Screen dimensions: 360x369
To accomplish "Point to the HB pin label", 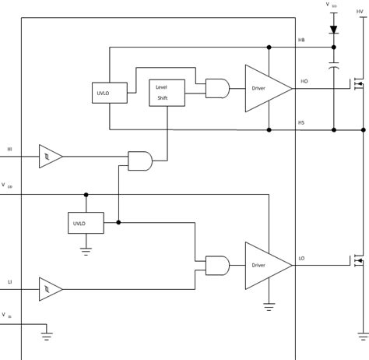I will (x=301, y=40).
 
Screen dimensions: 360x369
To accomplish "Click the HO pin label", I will (x=303, y=80).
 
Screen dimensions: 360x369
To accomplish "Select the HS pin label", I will (x=301, y=122).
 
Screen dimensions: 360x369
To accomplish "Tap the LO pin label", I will (x=301, y=258).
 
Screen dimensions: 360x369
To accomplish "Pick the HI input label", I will (x=9, y=149).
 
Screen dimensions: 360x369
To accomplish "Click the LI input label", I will (x=9, y=281).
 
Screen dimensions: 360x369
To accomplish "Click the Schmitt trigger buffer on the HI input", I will (x=49, y=157).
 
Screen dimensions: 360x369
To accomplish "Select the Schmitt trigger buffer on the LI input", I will (x=49, y=290).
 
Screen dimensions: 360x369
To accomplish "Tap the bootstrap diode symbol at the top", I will (x=333, y=30).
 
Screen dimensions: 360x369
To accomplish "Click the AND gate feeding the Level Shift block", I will (x=141, y=160).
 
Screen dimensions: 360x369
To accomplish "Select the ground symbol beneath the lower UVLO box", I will (x=86, y=251).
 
